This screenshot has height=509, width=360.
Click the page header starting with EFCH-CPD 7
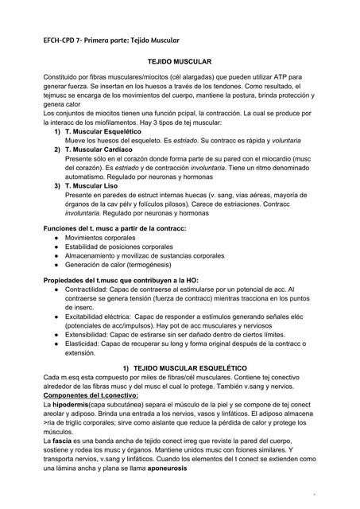[x=112, y=40]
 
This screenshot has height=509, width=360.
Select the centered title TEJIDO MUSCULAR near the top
[x=179, y=60]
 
